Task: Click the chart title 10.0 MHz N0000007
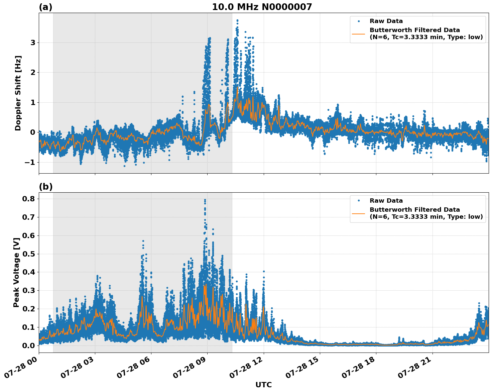point(262,7)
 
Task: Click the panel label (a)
point(45,7)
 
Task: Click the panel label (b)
point(46,187)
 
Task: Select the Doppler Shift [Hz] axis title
point(18,93)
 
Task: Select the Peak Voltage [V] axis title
point(16,273)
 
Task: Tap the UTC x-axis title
point(263,385)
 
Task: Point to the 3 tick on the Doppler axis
point(33,42)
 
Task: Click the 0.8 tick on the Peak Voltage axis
point(29,199)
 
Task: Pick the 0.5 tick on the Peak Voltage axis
point(29,254)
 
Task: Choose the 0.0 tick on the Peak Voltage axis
point(29,346)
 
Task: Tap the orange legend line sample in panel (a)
point(359,34)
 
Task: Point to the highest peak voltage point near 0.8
point(205,200)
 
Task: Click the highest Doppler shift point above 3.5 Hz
point(237,20)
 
